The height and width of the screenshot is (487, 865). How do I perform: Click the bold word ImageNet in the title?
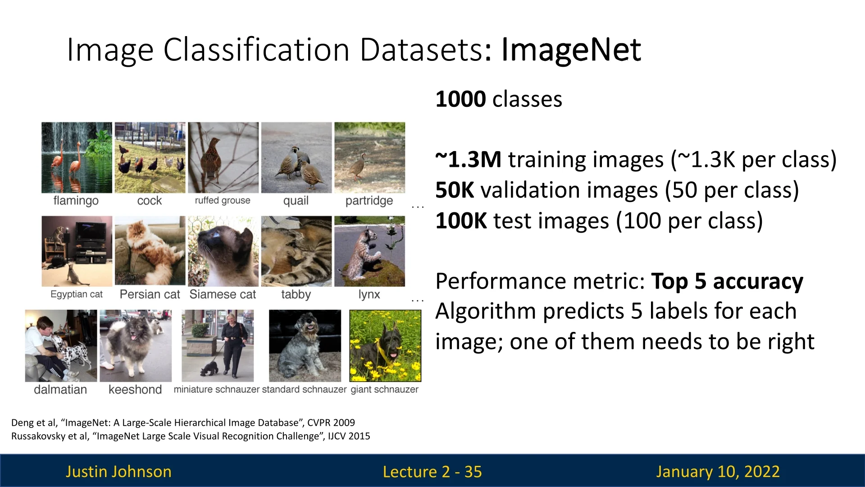[571, 50]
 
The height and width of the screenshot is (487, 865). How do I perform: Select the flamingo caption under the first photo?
[76, 201]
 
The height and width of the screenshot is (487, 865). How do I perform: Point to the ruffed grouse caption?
[223, 201]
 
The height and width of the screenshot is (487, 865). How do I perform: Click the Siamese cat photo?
[223, 251]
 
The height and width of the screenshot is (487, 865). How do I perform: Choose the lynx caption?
[369, 294]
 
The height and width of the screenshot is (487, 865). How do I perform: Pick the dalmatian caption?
[60, 390]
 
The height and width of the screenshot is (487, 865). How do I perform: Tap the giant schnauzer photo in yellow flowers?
[385, 345]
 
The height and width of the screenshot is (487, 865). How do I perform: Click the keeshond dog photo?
[136, 345]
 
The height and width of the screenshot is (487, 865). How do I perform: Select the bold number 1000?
[461, 99]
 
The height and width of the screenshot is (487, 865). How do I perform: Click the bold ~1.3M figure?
[469, 160]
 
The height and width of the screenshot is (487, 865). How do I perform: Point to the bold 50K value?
[455, 190]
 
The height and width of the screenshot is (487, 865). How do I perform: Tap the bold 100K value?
[461, 221]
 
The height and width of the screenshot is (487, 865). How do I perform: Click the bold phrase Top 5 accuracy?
[727, 282]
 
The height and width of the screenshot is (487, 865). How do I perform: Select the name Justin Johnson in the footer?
[118, 472]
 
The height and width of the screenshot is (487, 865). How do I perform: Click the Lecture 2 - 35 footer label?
[432, 472]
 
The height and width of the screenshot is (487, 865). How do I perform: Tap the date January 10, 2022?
[718, 472]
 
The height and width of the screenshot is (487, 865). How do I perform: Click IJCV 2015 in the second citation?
[349, 436]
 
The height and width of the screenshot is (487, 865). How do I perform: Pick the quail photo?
[296, 157]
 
